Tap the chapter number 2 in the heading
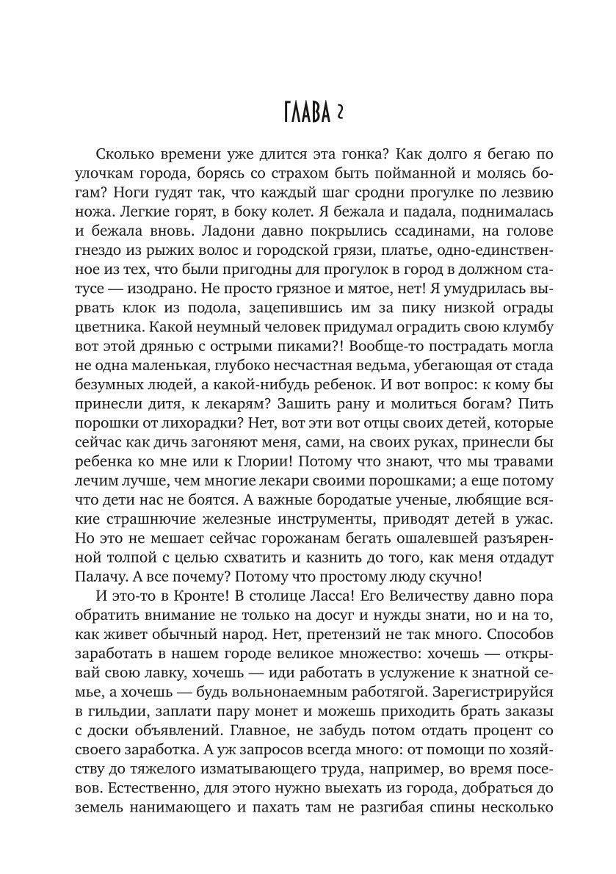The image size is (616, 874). [341, 114]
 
